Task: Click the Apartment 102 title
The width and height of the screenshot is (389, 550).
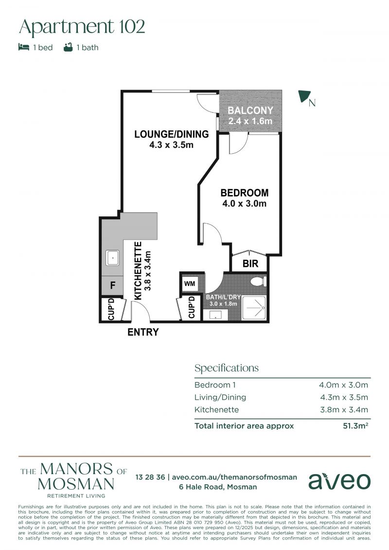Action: (82, 27)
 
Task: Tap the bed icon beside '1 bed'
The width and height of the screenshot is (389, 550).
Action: (23, 47)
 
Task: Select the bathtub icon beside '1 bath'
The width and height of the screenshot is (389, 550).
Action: (68, 47)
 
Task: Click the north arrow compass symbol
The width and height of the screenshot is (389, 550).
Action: (304, 96)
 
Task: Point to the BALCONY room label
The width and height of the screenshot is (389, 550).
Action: (250, 110)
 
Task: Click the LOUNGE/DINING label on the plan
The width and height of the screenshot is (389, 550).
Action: (172, 134)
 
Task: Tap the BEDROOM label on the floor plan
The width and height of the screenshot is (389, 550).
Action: (245, 193)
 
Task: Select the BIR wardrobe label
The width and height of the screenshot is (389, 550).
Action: (250, 264)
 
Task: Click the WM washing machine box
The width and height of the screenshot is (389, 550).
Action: (190, 284)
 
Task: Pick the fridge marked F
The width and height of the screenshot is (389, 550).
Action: (112, 285)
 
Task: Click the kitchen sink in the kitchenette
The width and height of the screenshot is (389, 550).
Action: (112, 258)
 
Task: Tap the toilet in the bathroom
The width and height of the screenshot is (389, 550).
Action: (260, 281)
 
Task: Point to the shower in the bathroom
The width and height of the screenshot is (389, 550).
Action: (254, 308)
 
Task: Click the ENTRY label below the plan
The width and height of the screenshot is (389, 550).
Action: (143, 332)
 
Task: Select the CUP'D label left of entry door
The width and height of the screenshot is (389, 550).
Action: (111, 309)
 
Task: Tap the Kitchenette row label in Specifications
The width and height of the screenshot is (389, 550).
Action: (216, 409)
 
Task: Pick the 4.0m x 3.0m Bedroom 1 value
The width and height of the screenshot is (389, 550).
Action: (343, 385)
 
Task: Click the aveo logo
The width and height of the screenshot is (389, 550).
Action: (339, 481)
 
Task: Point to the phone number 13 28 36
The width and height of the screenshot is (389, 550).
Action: (150, 477)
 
